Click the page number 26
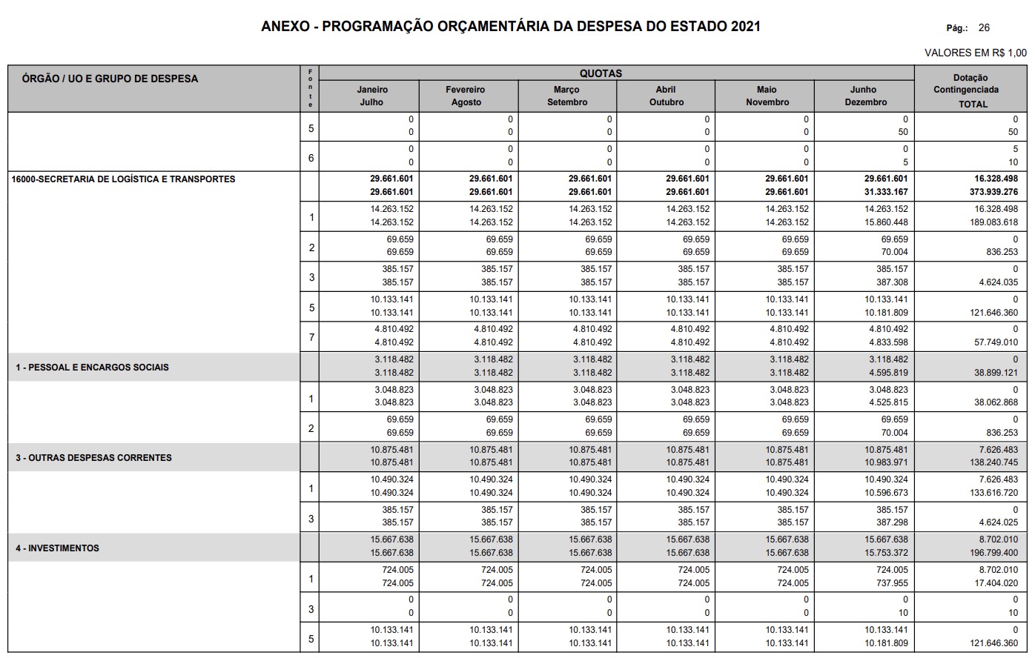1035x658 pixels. tap(984, 28)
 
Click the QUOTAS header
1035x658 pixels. tap(601, 73)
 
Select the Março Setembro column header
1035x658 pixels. tap(567, 96)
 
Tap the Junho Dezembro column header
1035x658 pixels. tap(864, 96)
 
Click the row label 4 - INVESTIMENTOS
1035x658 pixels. tap(58, 548)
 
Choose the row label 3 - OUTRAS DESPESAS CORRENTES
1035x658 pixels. tap(94, 458)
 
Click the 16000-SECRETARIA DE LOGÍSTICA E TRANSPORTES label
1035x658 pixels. tap(123, 179)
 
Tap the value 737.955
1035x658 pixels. tap(892, 583)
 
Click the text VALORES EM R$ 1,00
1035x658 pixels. tap(976, 53)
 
